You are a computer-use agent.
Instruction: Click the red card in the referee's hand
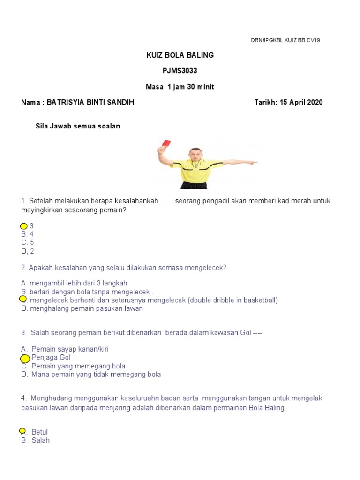point(166,143)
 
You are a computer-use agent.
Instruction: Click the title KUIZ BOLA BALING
point(180,55)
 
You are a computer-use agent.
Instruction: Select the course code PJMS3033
point(180,71)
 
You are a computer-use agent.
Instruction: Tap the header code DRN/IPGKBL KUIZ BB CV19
point(285,40)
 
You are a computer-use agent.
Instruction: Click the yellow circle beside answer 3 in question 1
point(24,226)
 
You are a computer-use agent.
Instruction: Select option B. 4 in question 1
point(27,234)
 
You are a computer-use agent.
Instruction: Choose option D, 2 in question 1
point(28,251)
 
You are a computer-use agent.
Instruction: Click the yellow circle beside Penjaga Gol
point(25,359)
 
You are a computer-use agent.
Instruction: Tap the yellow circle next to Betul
point(22,431)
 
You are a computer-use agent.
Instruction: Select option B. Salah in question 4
point(36,440)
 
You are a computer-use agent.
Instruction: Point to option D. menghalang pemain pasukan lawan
point(82,308)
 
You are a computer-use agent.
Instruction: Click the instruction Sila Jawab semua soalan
point(78,126)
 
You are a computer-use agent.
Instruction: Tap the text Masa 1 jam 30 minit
point(180,87)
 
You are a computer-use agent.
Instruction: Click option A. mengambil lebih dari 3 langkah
point(74,283)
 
